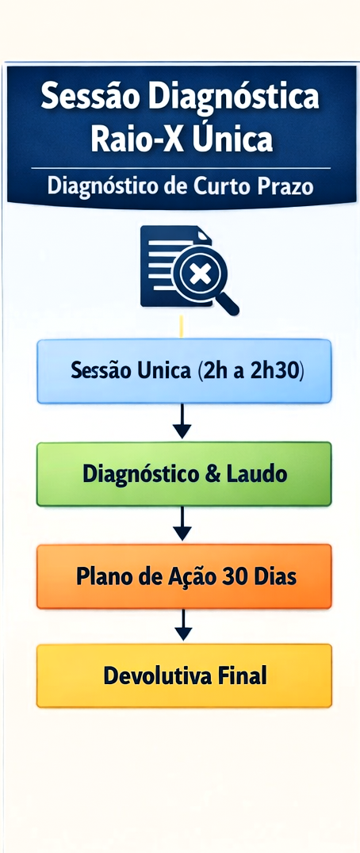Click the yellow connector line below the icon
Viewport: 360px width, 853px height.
[182, 326]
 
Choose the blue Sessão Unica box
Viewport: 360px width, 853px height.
[183, 371]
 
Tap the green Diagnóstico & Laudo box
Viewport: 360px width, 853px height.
[183, 474]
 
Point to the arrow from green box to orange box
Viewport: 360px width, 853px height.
[182, 524]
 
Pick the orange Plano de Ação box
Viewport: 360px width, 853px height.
[183, 576]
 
